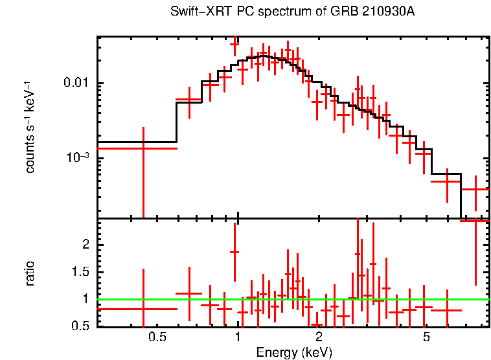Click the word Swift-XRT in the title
click(x=195, y=12)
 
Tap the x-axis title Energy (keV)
click(x=294, y=352)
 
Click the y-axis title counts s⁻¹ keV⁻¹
click(x=30, y=127)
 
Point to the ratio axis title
click(x=30, y=273)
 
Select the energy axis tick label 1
click(x=238, y=337)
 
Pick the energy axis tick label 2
click(x=319, y=337)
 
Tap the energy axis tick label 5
click(x=426, y=337)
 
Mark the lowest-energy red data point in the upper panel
click(x=143, y=148)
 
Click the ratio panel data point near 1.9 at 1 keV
click(x=234, y=252)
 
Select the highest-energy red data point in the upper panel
click(x=475, y=190)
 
